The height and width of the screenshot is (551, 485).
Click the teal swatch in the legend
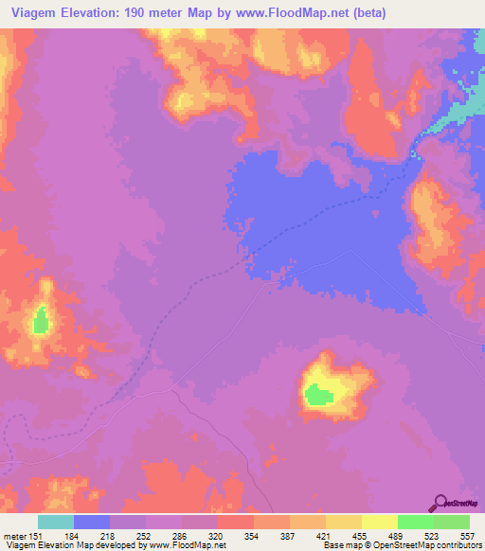(x=56, y=523)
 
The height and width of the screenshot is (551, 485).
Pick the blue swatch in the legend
(x=92, y=523)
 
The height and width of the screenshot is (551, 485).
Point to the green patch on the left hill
(x=41, y=321)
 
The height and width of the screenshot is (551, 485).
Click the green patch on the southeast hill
(x=318, y=395)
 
